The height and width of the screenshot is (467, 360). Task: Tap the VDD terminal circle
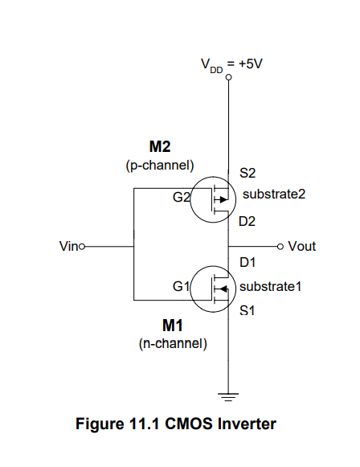[229, 78]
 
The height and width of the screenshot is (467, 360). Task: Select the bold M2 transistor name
[160, 147]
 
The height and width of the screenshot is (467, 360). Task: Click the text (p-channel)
[160, 166]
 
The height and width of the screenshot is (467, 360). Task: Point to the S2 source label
[247, 172]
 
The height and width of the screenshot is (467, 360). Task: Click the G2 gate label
[181, 195]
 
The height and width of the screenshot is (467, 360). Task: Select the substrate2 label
[274, 194]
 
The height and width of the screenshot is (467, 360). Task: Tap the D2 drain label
[247, 221]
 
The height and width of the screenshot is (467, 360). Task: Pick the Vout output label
[301, 246]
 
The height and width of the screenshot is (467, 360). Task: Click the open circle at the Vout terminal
[280, 246]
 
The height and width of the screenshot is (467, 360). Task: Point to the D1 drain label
[247, 262]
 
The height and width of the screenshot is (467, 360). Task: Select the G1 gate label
[181, 286]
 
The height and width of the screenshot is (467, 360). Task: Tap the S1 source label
[247, 309]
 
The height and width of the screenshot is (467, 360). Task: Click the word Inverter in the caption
[247, 424]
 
